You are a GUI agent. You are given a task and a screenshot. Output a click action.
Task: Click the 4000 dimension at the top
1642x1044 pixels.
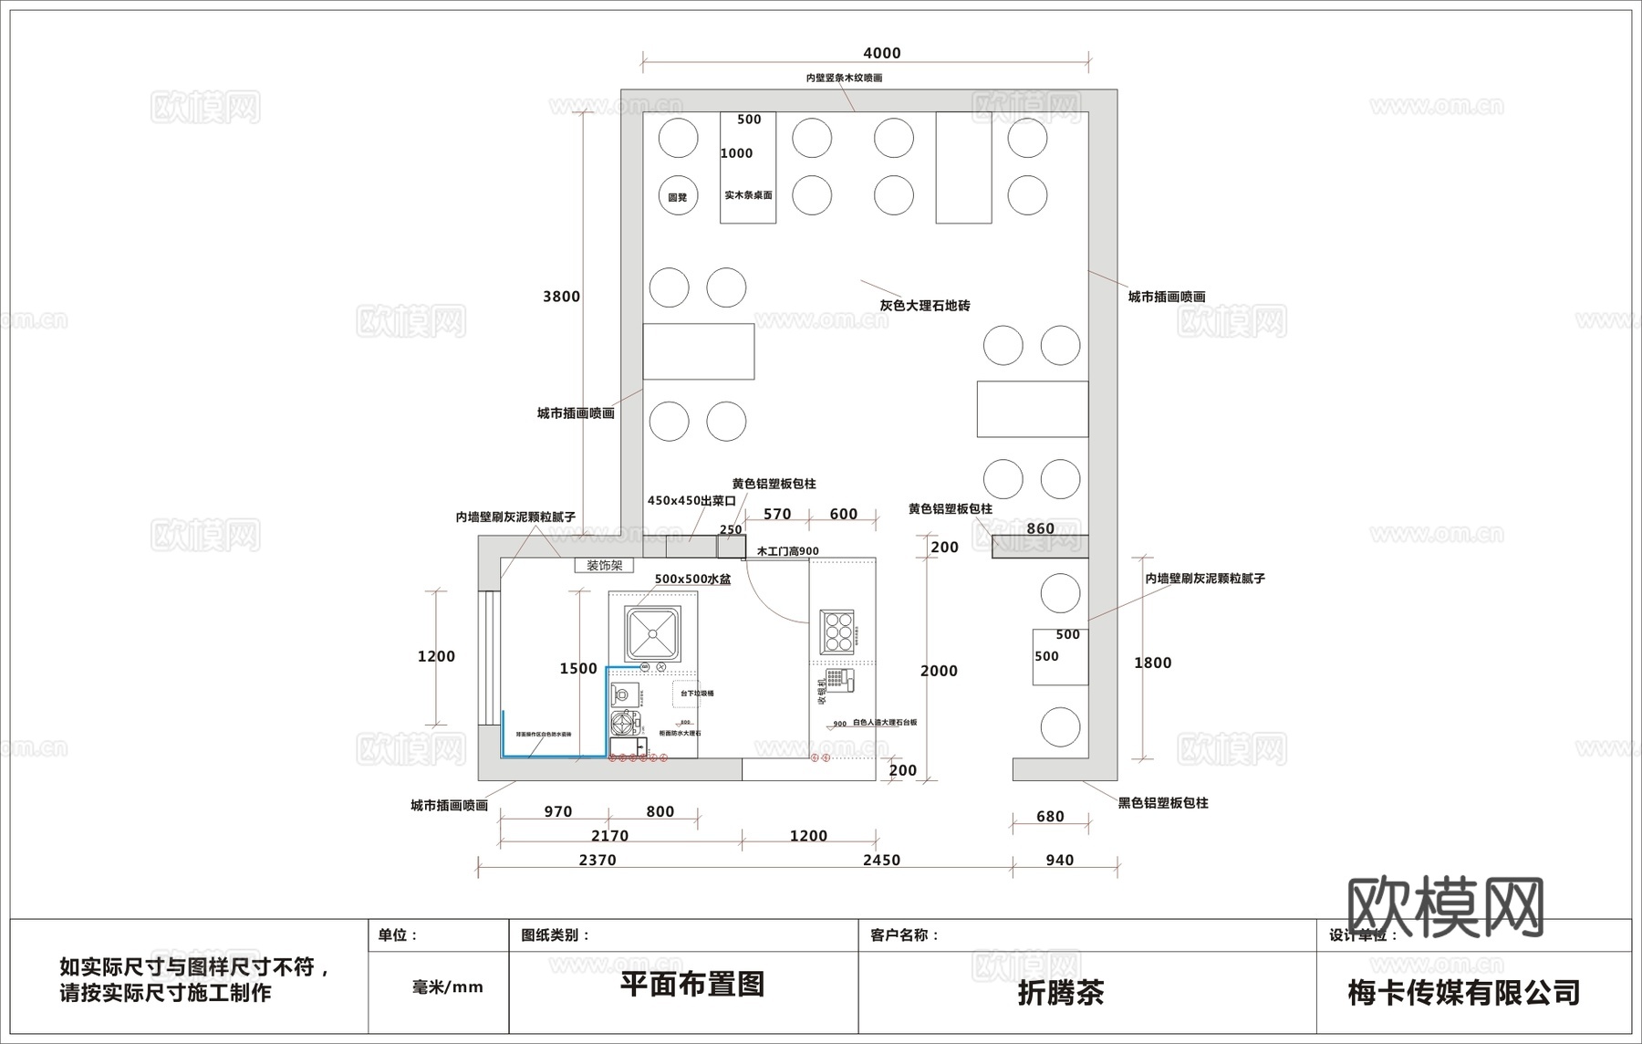881,53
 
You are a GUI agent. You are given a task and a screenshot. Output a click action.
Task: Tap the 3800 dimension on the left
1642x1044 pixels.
561,297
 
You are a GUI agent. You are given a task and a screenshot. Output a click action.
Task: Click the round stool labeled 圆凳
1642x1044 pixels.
678,195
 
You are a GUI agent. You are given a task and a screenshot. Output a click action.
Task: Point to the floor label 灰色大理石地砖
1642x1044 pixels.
924,306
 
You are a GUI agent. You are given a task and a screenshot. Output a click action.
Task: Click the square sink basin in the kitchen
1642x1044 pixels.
653,633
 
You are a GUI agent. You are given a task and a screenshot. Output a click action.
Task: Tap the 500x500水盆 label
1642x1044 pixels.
692,579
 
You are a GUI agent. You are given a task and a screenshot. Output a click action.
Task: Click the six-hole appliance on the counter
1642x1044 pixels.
837,631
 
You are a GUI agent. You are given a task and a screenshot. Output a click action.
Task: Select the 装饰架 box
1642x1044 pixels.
604,566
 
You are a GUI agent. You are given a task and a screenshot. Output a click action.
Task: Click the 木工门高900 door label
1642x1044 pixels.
787,551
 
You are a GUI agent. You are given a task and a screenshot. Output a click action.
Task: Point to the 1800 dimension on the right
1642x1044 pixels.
1152,663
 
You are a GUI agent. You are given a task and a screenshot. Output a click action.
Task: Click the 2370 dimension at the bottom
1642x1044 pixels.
598,860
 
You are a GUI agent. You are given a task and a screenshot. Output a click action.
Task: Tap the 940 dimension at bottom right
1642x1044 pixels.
1059,860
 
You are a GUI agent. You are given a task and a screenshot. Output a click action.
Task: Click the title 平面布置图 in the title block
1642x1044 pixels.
691,984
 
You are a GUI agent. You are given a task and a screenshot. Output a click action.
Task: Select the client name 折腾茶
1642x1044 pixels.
1061,992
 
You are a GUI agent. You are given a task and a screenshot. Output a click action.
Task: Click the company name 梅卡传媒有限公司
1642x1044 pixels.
1463,992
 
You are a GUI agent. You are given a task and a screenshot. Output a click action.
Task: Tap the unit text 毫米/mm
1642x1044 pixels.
447,987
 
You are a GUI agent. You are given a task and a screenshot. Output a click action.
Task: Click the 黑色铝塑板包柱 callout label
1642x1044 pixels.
1163,803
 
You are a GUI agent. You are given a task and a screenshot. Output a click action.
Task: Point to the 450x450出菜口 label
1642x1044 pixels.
691,501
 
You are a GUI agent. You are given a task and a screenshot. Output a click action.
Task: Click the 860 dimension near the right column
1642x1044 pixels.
1040,528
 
